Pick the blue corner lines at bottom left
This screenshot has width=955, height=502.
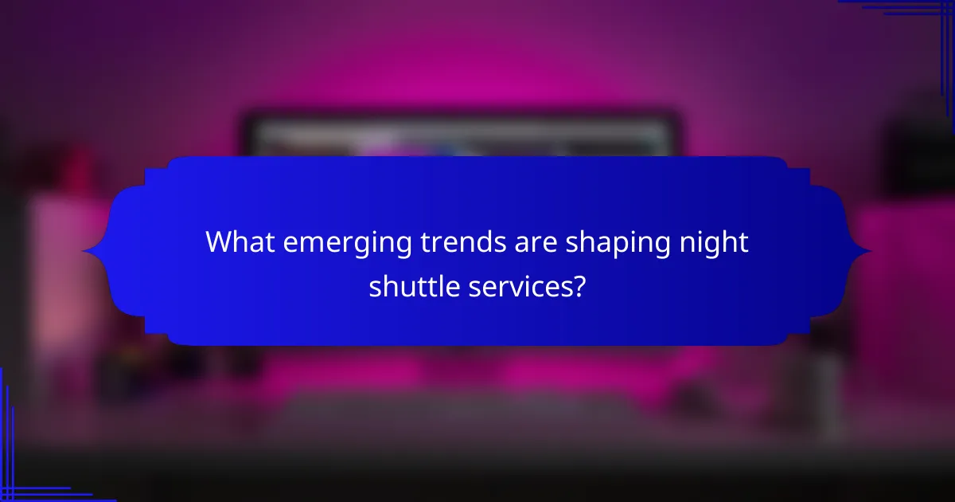coord(24,478)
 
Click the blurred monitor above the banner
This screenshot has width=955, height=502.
coord(462,135)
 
